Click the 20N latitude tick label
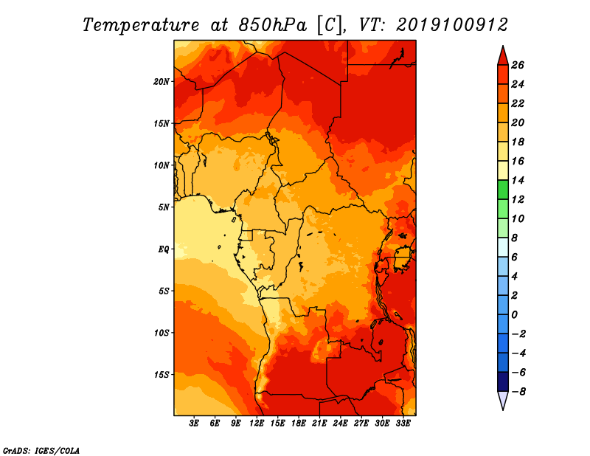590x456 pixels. coord(162,82)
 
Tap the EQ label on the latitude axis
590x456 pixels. coord(164,249)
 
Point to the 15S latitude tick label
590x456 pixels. coord(162,375)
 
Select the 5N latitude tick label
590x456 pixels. coord(164,207)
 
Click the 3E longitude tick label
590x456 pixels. coord(194,424)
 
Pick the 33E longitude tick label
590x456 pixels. coord(403,424)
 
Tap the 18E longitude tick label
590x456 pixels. coord(299,424)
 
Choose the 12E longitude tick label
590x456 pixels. coord(257,424)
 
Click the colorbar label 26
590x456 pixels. coord(518,65)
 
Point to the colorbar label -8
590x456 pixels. coord(518,392)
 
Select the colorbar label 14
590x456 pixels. coord(518,180)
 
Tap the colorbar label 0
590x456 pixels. coord(514,315)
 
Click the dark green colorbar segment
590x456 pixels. coord(503,190)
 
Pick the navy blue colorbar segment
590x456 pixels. coord(503,381)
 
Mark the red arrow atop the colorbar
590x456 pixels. coord(503,55)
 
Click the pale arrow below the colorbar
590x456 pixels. coord(503,401)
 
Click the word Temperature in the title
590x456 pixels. coord(140,25)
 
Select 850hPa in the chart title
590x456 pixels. coord(272,25)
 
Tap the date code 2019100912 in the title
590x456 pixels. coord(452,25)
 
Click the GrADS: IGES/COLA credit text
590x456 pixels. coord(41,450)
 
